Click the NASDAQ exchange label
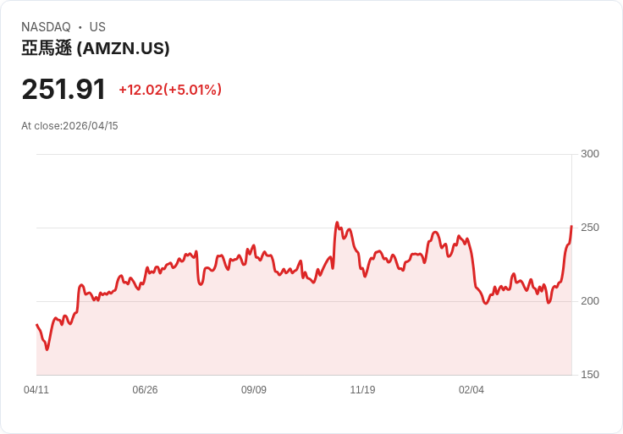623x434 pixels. tap(46, 27)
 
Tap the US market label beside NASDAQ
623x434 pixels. tap(97, 27)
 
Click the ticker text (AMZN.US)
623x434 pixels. tap(124, 49)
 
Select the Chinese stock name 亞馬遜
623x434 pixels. tap(47, 49)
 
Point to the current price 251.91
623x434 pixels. tap(63, 90)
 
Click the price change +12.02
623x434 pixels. tap(140, 90)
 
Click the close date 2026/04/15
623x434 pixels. tap(91, 126)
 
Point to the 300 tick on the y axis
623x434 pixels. tap(590, 154)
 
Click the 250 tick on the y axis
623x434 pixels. tap(590, 228)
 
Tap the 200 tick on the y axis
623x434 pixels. tap(590, 301)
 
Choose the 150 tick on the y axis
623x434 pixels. tap(590, 375)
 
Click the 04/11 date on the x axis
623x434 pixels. tap(36, 390)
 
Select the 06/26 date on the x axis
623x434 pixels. tap(145, 390)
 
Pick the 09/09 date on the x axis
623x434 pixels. tap(254, 390)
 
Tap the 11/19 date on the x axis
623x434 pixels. tap(362, 390)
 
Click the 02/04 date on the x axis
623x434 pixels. tap(471, 390)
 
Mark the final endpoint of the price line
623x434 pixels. tap(571, 226)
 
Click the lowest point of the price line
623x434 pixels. tap(47, 349)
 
